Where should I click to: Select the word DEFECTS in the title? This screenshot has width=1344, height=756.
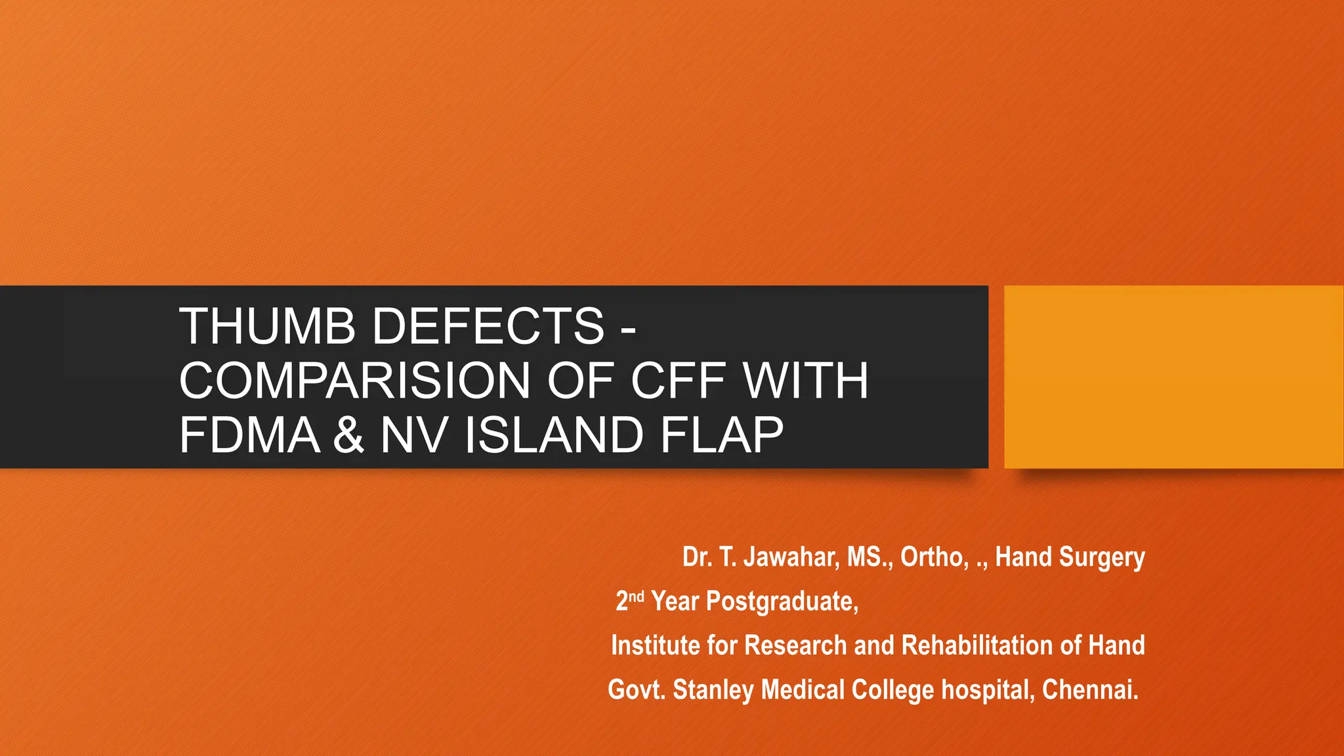tap(488, 326)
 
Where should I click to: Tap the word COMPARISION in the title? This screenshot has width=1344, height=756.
tap(354, 381)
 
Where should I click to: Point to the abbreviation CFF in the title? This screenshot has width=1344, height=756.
tap(678, 381)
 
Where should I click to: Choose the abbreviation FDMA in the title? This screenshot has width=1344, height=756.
tap(249, 435)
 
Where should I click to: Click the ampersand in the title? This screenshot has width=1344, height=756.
tap(348, 435)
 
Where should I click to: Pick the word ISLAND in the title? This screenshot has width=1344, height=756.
tap(553, 435)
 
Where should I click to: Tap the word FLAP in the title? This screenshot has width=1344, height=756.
tap(722, 435)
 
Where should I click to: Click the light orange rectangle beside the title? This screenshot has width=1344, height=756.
tap(1173, 377)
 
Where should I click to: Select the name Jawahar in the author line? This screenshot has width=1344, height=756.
tap(790, 557)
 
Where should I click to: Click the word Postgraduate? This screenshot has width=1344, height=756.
tap(782, 601)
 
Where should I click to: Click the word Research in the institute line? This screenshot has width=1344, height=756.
tap(795, 645)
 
